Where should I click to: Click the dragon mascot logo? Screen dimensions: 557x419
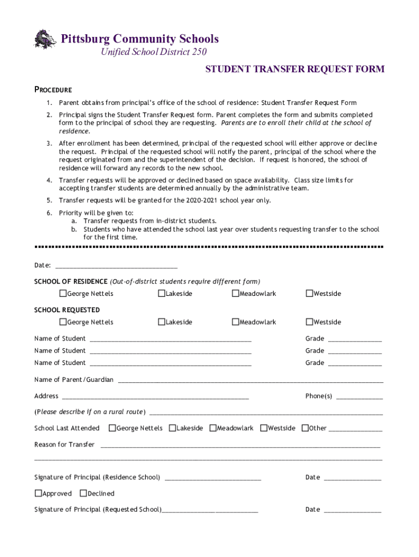point(45,39)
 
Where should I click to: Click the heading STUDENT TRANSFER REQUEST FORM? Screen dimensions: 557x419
point(294,69)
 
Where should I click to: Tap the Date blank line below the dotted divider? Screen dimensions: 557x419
point(116,267)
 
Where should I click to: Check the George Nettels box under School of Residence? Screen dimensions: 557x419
point(63,294)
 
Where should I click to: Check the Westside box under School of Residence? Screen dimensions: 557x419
point(309,294)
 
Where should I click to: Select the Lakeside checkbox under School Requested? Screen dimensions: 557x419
point(162,322)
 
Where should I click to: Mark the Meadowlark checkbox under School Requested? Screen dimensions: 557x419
point(236,322)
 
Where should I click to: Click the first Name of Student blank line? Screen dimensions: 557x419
point(170,339)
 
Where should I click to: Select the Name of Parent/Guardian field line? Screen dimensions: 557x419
point(250,381)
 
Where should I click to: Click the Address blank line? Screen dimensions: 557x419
point(155,397)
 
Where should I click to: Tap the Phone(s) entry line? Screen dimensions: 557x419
point(359,397)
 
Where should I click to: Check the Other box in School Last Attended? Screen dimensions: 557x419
point(305,428)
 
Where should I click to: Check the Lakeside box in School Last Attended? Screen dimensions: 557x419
point(172,428)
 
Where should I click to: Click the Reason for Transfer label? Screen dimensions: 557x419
point(64,444)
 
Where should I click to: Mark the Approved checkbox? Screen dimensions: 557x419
point(38,493)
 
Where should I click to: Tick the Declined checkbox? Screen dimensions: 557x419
point(83,493)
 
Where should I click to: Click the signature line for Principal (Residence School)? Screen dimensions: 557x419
point(213,479)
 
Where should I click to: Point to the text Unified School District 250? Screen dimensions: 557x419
point(153,52)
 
